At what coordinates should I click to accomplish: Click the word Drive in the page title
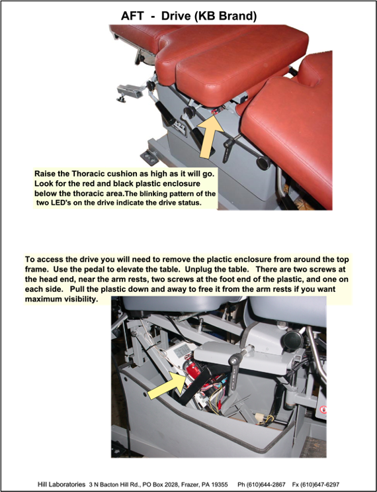(x=176, y=16)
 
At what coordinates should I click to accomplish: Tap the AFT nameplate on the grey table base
(x=179, y=126)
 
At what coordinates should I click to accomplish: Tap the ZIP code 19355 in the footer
(x=220, y=485)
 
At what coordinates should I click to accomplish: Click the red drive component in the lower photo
(x=193, y=369)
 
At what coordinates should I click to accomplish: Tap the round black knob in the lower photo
(x=293, y=339)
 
